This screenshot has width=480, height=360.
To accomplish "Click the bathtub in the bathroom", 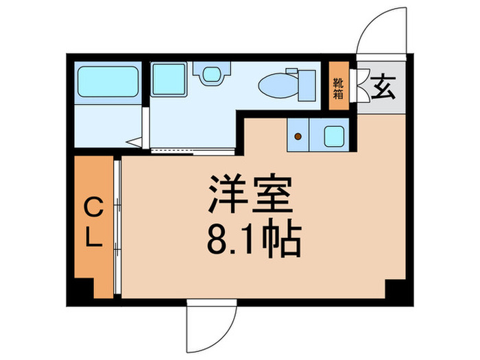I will (x=108, y=82).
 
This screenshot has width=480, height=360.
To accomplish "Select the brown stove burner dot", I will (x=298, y=136).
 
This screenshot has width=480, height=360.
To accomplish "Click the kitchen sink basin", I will (x=333, y=136).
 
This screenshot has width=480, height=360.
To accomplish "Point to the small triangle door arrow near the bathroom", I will (x=135, y=143).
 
